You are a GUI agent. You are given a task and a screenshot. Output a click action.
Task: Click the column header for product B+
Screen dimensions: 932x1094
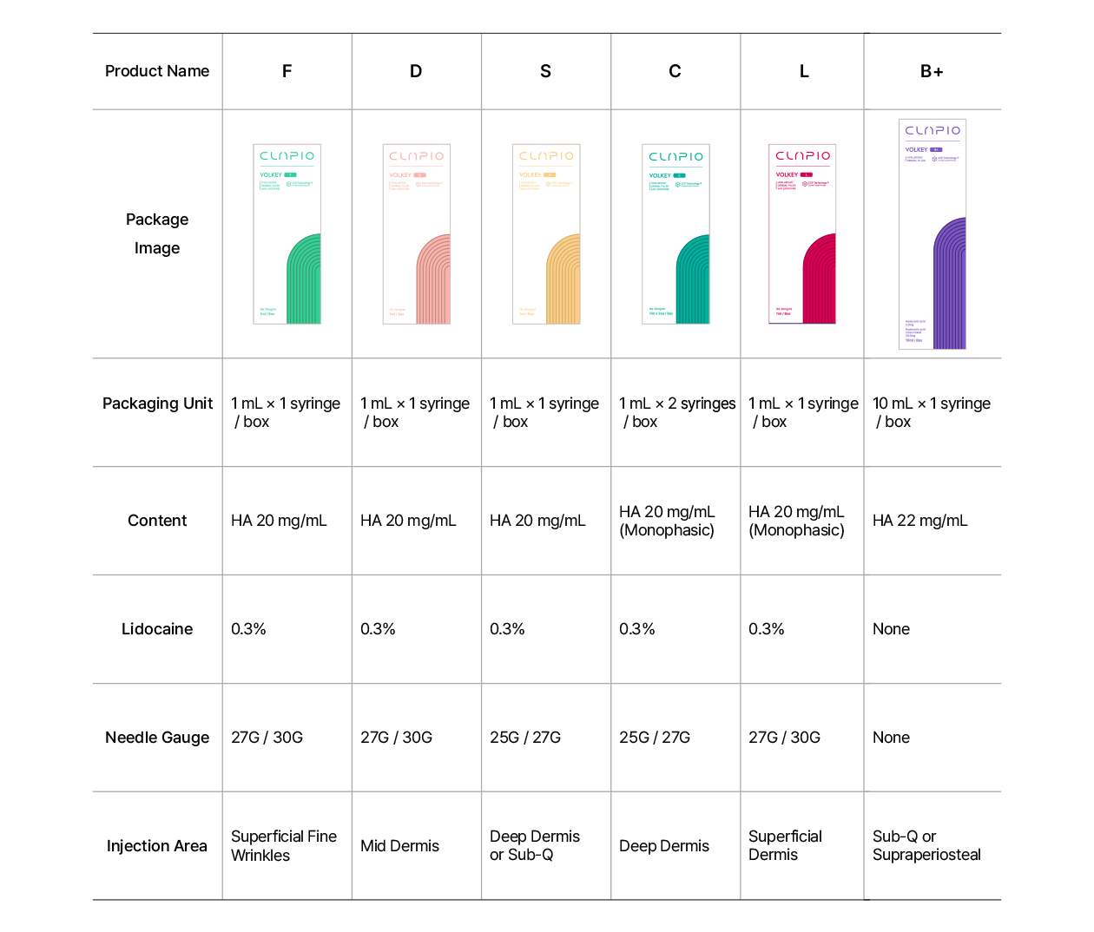click(x=932, y=71)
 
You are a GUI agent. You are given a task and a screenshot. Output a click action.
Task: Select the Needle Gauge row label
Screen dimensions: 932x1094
click(x=157, y=738)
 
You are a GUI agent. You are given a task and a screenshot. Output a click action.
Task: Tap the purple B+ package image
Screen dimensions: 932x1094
click(x=933, y=234)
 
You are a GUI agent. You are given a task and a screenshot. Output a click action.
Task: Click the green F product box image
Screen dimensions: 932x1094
click(x=287, y=234)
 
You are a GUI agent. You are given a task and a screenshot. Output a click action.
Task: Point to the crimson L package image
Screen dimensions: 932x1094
click(x=802, y=234)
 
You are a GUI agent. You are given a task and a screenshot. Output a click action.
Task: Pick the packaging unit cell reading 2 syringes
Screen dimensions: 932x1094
click(x=676, y=412)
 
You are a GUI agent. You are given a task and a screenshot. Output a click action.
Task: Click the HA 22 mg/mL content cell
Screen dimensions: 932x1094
click(x=919, y=521)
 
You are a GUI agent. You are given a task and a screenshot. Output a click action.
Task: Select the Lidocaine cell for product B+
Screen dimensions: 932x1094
click(x=891, y=629)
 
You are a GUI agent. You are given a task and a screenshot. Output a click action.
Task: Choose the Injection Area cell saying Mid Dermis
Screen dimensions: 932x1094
click(x=399, y=846)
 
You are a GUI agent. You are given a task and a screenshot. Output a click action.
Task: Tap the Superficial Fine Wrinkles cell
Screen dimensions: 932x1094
click(x=283, y=846)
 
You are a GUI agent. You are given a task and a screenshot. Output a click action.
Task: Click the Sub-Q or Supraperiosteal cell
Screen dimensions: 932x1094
click(x=926, y=846)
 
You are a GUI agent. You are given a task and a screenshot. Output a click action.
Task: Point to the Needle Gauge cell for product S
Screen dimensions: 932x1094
click(x=525, y=738)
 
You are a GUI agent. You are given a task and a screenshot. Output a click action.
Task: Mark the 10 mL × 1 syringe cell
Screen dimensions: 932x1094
click(x=931, y=412)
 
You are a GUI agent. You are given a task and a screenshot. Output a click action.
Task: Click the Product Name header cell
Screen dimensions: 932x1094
click(x=157, y=71)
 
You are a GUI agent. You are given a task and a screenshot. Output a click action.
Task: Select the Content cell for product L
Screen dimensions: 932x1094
click(x=796, y=521)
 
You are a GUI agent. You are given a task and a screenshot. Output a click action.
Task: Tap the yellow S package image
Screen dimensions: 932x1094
click(x=546, y=234)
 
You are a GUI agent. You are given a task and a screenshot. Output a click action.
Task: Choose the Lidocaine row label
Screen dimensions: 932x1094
click(x=157, y=629)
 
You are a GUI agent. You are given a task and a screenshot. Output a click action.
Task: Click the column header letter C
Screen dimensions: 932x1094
click(x=675, y=71)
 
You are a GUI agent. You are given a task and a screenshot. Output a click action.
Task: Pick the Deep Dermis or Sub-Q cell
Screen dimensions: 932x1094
click(x=534, y=846)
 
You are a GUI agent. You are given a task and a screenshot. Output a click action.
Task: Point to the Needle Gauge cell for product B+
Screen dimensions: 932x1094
click(x=891, y=738)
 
